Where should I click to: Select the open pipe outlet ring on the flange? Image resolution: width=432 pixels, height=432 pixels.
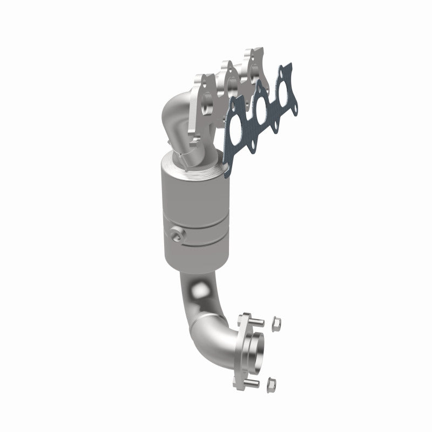click(x=254, y=354)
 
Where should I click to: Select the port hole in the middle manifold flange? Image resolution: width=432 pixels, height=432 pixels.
click(x=231, y=86)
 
